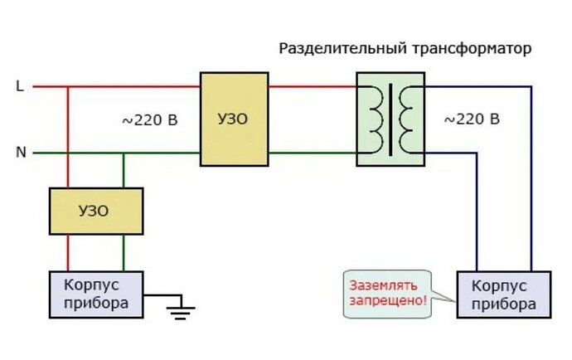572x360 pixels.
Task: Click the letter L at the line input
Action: tap(20, 85)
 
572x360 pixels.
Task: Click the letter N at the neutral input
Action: tap(21, 153)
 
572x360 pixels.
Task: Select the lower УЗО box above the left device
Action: tap(95, 211)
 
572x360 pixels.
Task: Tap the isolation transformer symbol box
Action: tap(390, 119)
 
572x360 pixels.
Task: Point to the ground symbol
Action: tap(180, 310)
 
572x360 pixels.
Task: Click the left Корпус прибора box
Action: tap(95, 294)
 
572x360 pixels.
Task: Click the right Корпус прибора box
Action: tap(503, 294)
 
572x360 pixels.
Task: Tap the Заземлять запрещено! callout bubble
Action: tap(390, 293)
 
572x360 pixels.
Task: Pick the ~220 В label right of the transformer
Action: tap(472, 119)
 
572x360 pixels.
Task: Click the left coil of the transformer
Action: tap(375, 118)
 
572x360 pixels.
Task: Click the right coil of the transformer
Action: tap(405, 118)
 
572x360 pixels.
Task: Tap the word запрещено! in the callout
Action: tap(390, 300)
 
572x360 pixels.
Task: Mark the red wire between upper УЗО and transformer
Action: tap(312, 85)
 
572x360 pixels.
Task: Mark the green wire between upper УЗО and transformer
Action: tap(312, 153)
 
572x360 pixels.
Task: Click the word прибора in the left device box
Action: tap(95, 303)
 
